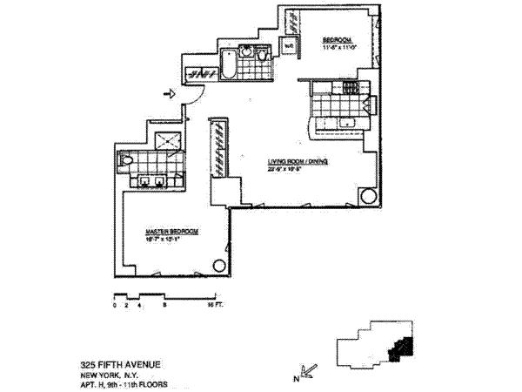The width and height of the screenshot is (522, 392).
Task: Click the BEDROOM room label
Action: [336, 40]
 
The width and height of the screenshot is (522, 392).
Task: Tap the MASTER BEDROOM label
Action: [172, 230]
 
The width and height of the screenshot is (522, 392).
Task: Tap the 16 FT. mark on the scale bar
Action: [211, 308]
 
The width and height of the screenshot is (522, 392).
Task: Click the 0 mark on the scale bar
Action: [114, 308]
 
